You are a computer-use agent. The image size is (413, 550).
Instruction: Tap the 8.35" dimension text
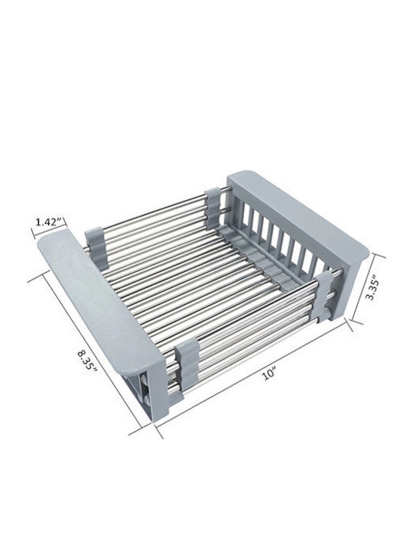click(x=86, y=360)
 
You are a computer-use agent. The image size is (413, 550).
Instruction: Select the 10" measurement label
click(x=269, y=374)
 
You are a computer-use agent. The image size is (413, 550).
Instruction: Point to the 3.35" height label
click(x=372, y=290)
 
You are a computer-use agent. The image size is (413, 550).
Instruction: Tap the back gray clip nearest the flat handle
click(x=94, y=241)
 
